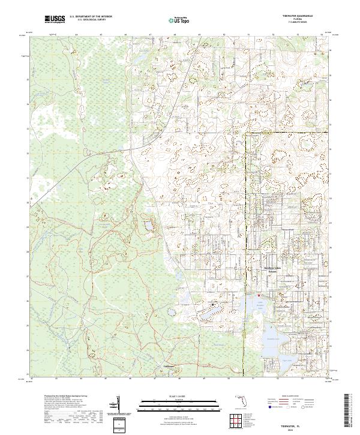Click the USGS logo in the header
pyautogui.click(x=55, y=20)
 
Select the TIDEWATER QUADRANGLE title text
pyautogui.click(x=307, y=16)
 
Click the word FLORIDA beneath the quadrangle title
pyautogui.click(x=307, y=19)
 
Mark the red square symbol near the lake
pyautogui.click(x=259, y=295)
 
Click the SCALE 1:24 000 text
pyautogui.click(x=179, y=397)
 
